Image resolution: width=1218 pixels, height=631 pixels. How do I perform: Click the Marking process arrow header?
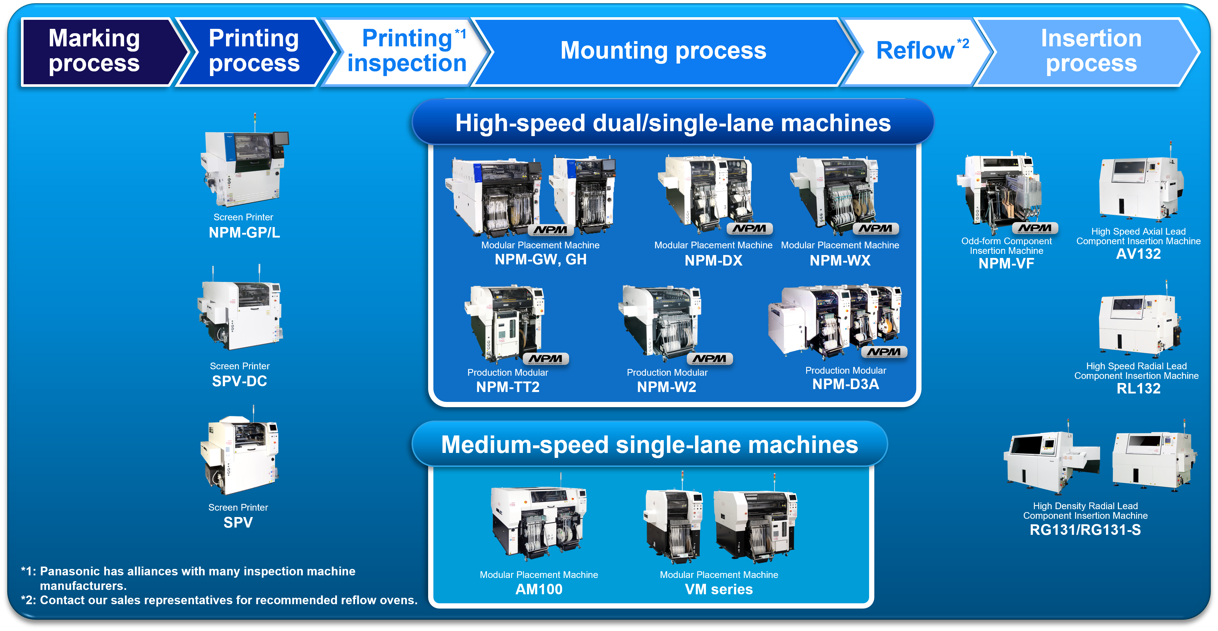(95, 51)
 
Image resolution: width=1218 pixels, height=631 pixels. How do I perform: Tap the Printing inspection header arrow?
(407, 51)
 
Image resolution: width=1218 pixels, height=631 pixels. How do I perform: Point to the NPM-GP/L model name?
(244, 233)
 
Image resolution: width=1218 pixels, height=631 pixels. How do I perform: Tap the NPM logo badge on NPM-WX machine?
(876, 229)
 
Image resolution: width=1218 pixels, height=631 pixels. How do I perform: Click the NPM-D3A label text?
(845, 384)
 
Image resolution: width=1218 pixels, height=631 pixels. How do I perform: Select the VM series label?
(719, 589)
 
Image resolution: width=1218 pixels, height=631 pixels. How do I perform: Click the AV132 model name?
(1138, 254)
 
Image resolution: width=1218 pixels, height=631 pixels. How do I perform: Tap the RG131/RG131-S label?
(1085, 530)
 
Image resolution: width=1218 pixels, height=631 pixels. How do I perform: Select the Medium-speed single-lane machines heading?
(649, 445)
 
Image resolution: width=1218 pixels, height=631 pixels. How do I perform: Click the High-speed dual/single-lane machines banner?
(673, 123)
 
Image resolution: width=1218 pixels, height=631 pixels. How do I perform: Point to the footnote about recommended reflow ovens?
(219, 600)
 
